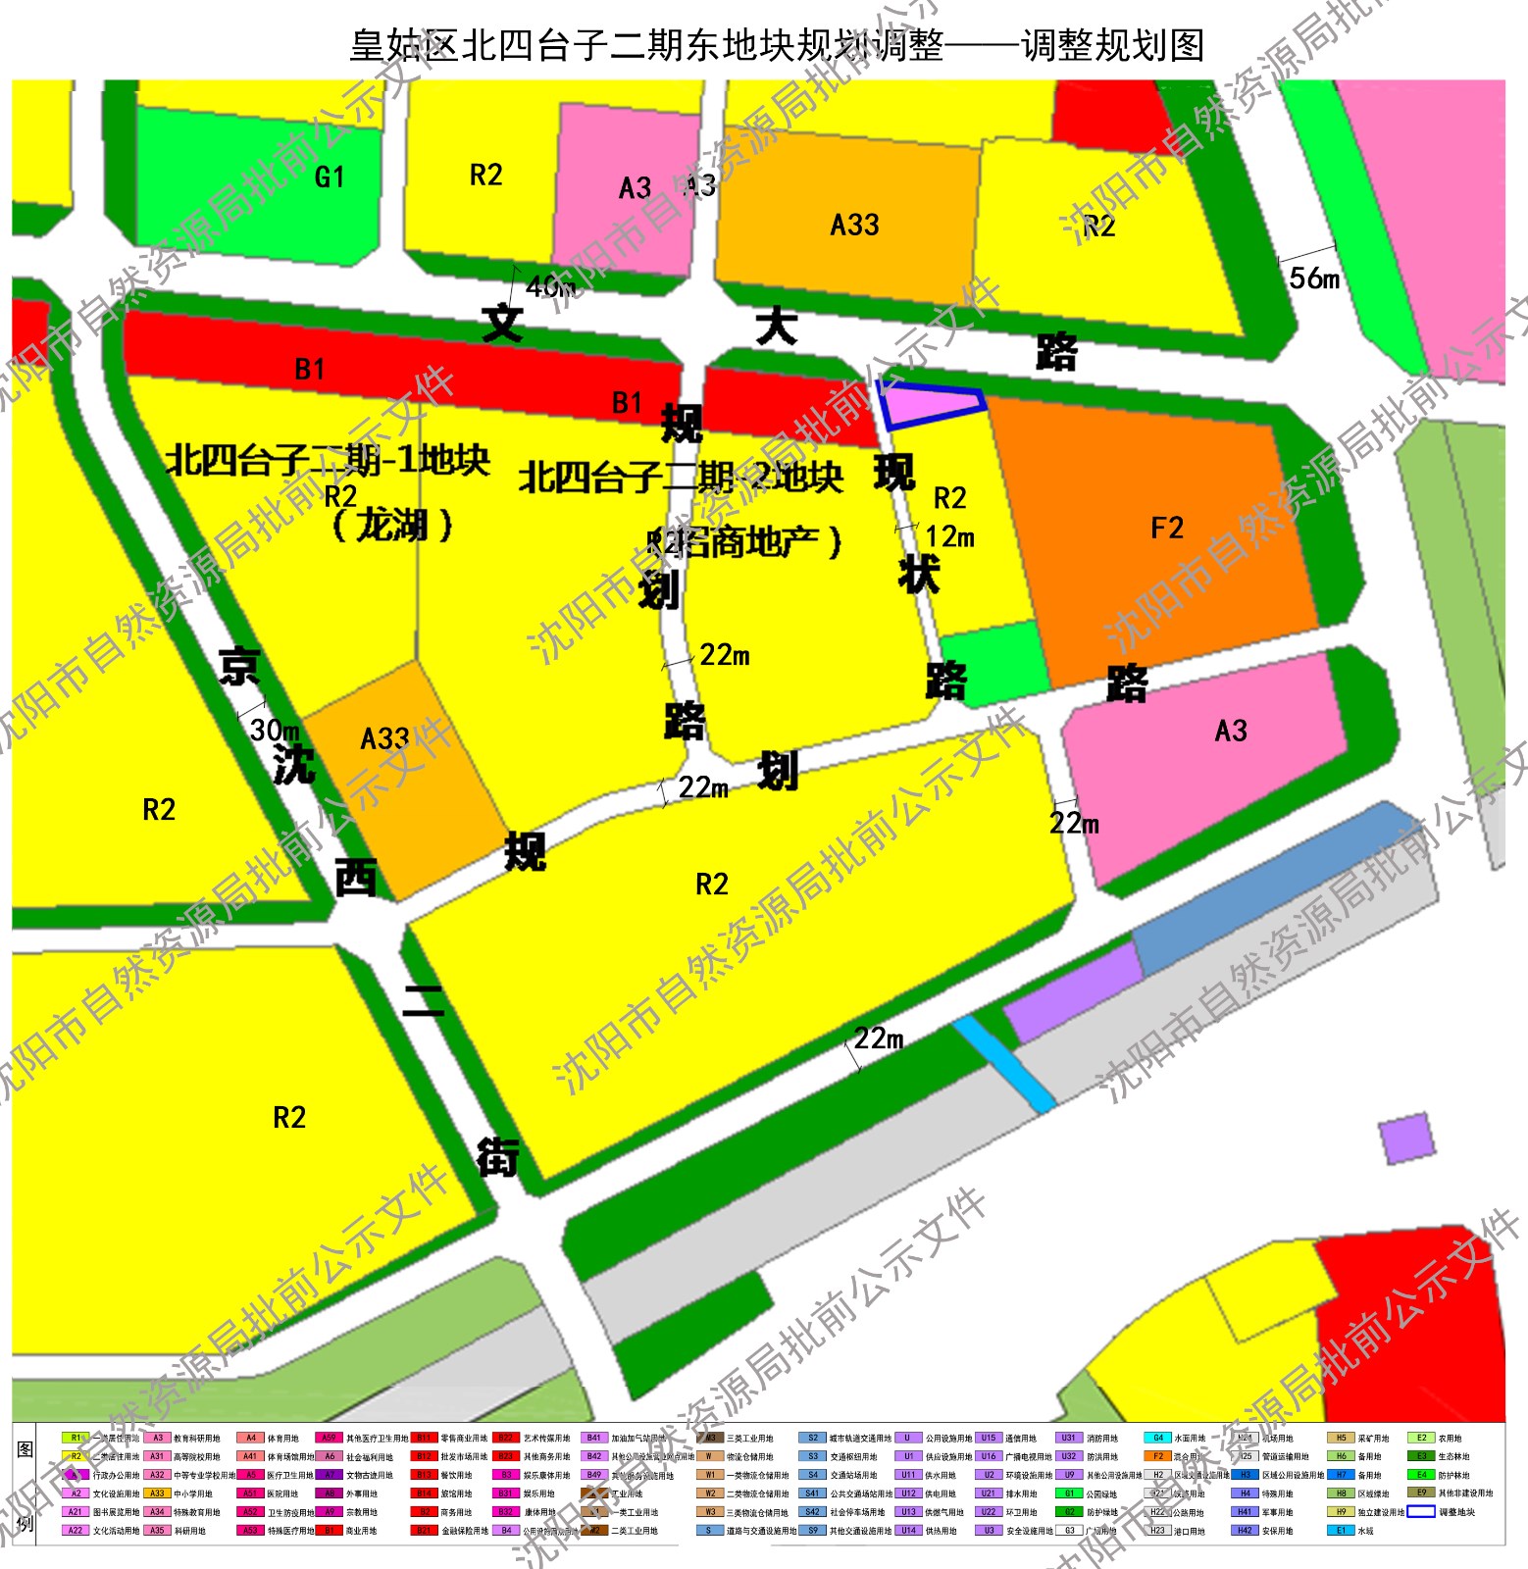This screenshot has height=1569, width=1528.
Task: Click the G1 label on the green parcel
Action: [x=330, y=177]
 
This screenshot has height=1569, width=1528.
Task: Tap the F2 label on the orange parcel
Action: [x=1167, y=529]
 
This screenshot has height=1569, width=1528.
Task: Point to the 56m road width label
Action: [x=1314, y=278]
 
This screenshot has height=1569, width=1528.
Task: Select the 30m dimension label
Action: [x=274, y=730]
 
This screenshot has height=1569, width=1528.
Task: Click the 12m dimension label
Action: [x=949, y=536]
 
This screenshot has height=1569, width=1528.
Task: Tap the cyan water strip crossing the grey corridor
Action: [x=1004, y=1063]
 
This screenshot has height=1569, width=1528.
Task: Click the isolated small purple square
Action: [x=1406, y=1139]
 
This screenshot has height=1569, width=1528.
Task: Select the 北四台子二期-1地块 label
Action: [x=328, y=459]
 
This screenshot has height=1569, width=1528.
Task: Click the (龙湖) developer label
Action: [x=393, y=526]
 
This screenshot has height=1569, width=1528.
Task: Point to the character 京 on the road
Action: [x=239, y=667]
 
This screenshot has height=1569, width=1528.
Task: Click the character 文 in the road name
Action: [x=502, y=322]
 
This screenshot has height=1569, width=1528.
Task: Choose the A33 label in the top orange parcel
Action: [x=854, y=226]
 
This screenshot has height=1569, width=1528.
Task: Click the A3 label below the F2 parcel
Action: [x=1231, y=731]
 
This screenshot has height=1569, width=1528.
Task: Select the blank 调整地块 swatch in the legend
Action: [x=1421, y=1511]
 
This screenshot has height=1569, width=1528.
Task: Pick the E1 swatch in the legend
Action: [x=1341, y=1530]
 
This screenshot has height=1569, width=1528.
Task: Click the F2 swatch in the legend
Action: [x=1157, y=1456]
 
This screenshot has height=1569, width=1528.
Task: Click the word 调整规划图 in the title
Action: [x=1113, y=45]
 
